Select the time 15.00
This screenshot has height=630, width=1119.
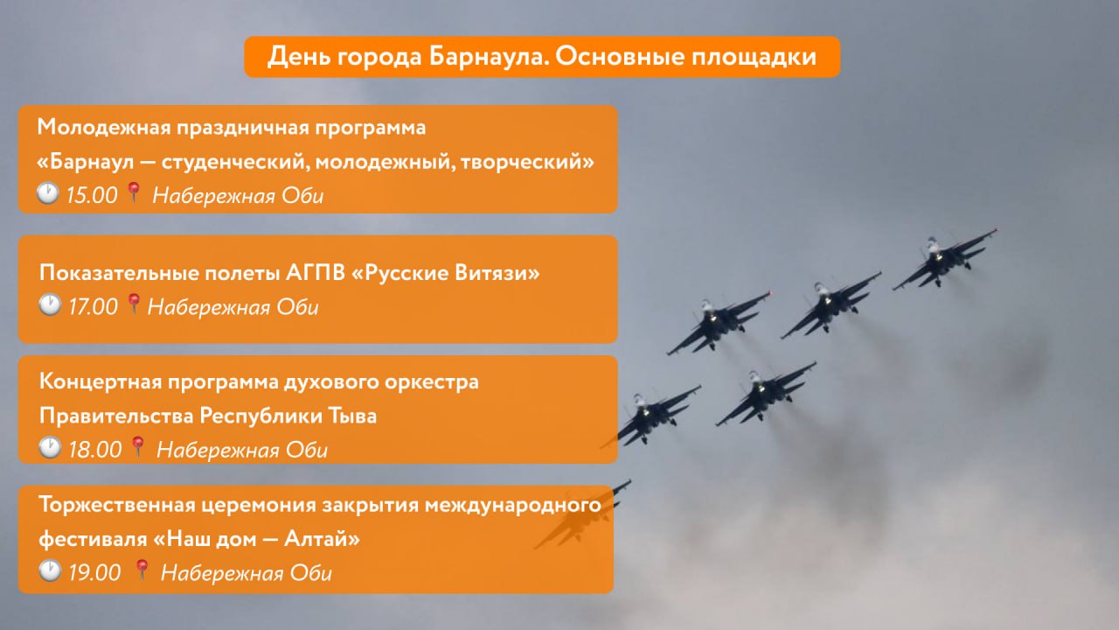coord(92,195)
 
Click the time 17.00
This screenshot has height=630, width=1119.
coord(93,306)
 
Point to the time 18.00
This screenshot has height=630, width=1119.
coord(94,450)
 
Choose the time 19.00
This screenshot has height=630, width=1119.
coord(94,572)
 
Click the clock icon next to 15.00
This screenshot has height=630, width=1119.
coord(48,193)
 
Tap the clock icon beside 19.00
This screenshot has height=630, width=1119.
coord(50,570)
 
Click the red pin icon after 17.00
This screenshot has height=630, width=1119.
coord(133,304)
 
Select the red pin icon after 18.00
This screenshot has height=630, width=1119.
coord(137,446)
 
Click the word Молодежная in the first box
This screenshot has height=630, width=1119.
coord(104,128)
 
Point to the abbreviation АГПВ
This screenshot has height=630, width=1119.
coord(316,273)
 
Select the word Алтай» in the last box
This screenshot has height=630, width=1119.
coord(323,539)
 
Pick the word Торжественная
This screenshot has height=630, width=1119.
coord(117,505)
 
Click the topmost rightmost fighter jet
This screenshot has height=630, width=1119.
coord(945,260)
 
